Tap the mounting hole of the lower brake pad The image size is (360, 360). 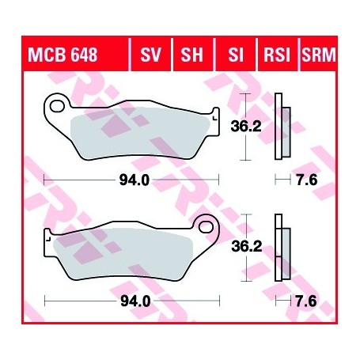(209, 226)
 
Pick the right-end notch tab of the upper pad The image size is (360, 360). (213, 112)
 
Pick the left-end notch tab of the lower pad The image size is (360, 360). (49, 235)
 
